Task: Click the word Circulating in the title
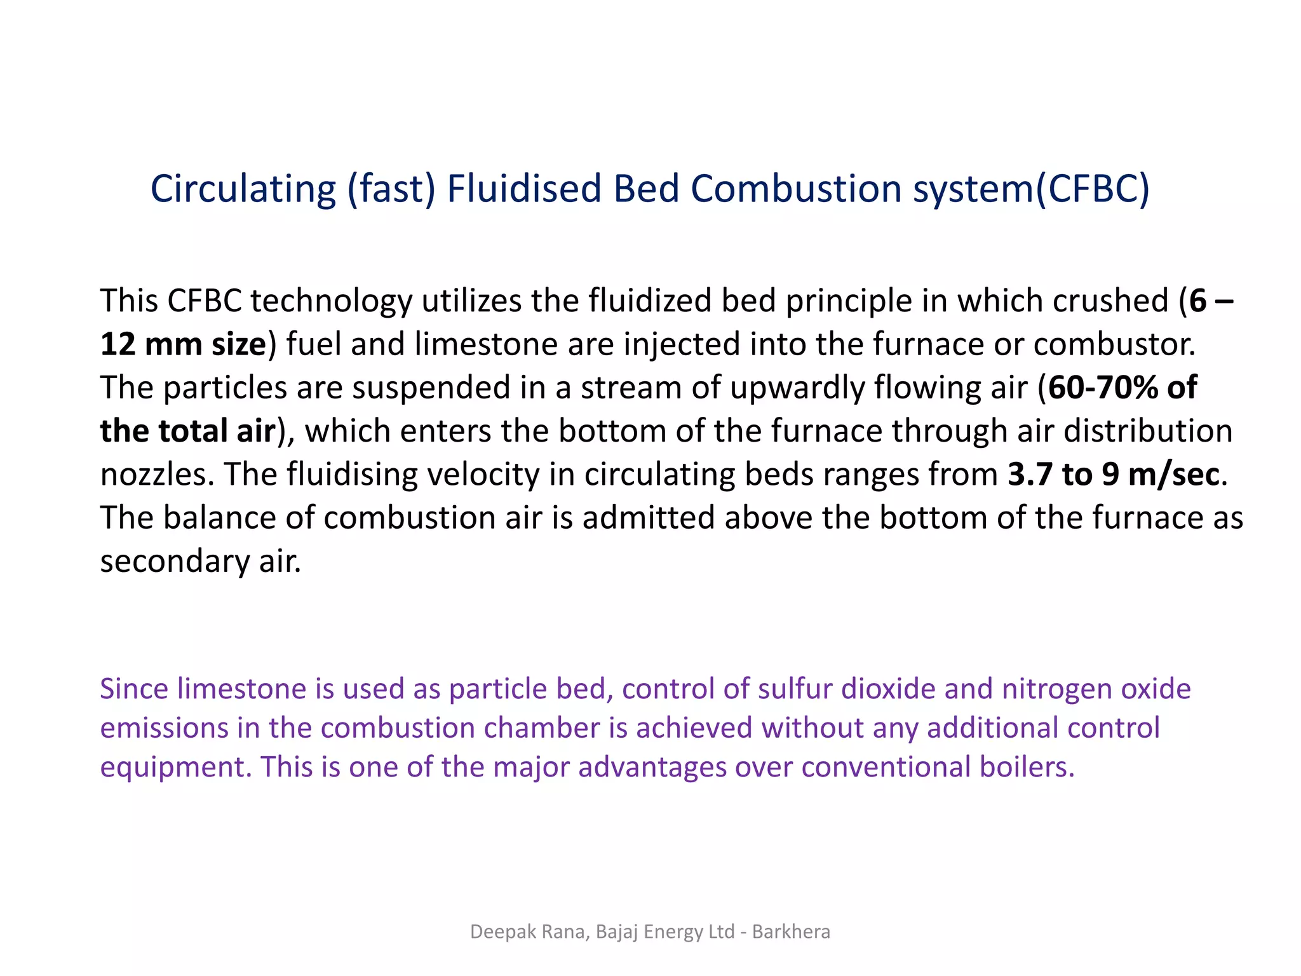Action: click(243, 189)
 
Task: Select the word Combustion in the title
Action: click(796, 189)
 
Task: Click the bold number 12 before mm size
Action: click(118, 344)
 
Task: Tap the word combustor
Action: click(1114, 344)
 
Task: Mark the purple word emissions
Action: click(164, 728)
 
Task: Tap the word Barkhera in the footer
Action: click(791, 932)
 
